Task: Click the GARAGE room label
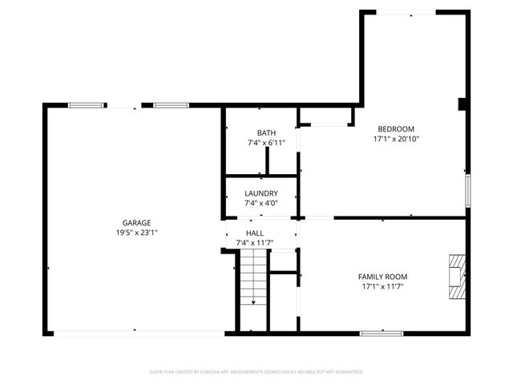(x=136, y=223)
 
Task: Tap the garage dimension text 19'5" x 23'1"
(x=136, y=233)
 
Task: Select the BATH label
(x=266, y=133)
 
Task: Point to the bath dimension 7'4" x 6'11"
(x=266, y=143)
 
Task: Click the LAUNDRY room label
(x=261, y=193)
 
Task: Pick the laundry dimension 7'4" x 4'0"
(x=261, y=204)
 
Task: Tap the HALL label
(x=255, y=232)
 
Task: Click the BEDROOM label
(x=396, y=129)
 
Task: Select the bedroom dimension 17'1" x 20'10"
(x=396, y=139)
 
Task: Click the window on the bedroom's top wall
(x=407, y=11)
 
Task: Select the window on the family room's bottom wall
(x=381, y=333)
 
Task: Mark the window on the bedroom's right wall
(x=467, y=191)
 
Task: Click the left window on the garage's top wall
(x=87, y=105)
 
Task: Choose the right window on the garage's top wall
(x=172, y=105)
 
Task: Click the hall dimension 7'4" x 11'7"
(x=255, y=242)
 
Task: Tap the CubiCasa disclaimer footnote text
(x=256, y=371)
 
